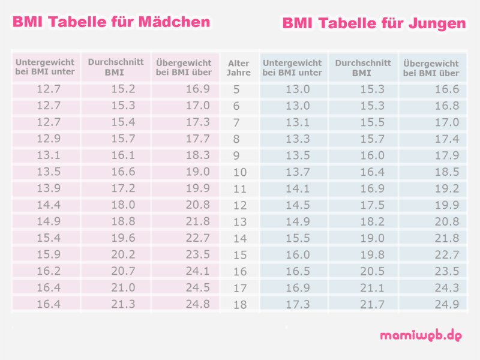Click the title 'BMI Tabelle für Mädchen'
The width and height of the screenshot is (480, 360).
coord(112,22)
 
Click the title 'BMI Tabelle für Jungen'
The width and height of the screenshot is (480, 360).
coord(374,23)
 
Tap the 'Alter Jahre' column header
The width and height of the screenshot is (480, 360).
coord(239,68)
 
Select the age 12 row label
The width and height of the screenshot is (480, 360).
coord(239,206)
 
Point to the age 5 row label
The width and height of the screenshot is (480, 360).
coord(236,90)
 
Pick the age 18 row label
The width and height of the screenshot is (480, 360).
coord(239,305)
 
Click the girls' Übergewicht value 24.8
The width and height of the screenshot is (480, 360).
coord(197,304)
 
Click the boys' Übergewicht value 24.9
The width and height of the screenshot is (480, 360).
coord(446,304)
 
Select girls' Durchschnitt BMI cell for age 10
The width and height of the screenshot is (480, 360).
coord(122,172)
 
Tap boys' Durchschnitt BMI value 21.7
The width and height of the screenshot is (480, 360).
coord(372,304)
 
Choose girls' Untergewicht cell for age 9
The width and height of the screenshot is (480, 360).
coord(48,155)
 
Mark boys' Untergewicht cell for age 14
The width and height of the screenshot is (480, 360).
coord(298,238)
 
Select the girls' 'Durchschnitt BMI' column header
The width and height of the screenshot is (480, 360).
coord(115,67)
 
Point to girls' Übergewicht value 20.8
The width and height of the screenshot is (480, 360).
coord(197,205)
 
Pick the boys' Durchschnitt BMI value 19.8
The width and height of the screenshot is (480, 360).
coord(372,254)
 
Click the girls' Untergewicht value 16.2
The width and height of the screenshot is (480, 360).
coord(48,271)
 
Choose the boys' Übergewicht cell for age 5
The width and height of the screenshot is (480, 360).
coord(446,89)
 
